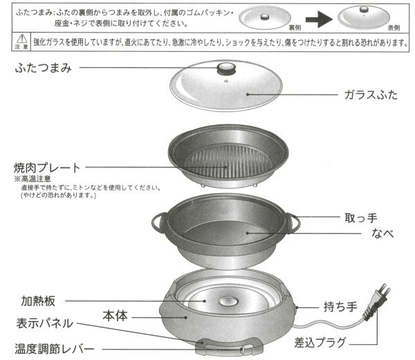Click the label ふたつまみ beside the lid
(x=44, y=69)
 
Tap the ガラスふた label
(x=371, y=95)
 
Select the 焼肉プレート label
(x=47, y=168)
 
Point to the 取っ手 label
(x=361, y=218)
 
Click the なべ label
(x=382, y=233)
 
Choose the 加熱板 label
(x=38, y=301)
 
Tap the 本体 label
(x=115, y=316)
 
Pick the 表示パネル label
(x=44, y=323)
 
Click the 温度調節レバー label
(x=54, y=349)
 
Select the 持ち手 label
(x=340, y=307)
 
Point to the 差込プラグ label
(x=320, y=343)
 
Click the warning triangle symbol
(x=21, y=39)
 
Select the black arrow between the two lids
(x=319, y=19)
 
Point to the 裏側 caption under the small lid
(x=295, y=28)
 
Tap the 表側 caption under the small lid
(x=394, y=28)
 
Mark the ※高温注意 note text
(x=33, y=179)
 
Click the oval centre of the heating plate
(x=228, y=301)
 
